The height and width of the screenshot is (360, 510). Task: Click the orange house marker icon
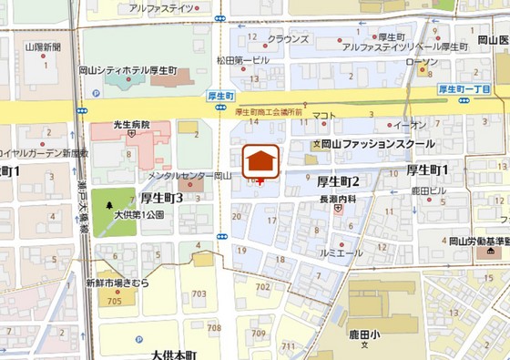coord(261,159)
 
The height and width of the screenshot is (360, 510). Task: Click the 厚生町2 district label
coord(338,180)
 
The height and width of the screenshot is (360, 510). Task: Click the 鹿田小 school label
coord(363,334)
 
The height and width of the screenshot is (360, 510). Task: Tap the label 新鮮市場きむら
coord(117,283)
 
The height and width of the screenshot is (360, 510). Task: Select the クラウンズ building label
coord(289,40)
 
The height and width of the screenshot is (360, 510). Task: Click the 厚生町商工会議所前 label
coord(268,111)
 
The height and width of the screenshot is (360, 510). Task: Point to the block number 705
coord(114,301)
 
